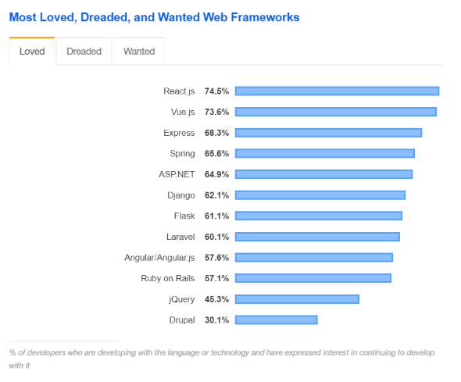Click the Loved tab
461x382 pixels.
pyautogui.click(x=32, y=52)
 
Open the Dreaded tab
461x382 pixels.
pyautogui.click(x=84, y=52)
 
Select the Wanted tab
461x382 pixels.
pyautogui.click(x=138, y=52)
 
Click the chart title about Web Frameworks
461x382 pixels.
pyautogui.click(x=153, y=16)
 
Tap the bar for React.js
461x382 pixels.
pyautogui.click(x=337, y=91)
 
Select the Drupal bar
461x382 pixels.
pyautogui.click(x=276, y=320)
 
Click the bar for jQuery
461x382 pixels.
pyautogui.click(x=297, y=298)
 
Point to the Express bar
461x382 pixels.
pyautogui.click(x=328, y=132)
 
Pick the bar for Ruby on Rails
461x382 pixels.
pyautogui.click(x=313, y=278)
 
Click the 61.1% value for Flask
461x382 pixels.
pyautogui.click(x=216, y=216)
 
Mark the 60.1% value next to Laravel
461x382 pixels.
pyautogui.click(x=216, y=237)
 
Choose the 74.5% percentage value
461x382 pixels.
pyautogui.click(x=216, y=91)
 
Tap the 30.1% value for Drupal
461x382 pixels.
pyautogui.click(x=216, y=320)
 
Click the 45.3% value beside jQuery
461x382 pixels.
pyautogui.click(x=216, y=298)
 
